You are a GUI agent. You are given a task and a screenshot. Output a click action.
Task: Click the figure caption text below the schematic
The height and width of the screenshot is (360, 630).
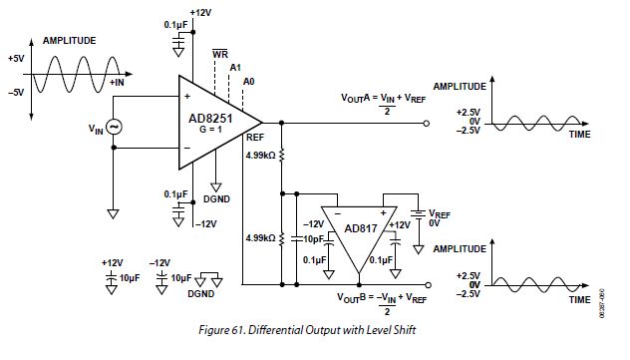(315, 326)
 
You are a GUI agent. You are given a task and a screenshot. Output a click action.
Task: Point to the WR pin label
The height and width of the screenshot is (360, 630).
(220, 53)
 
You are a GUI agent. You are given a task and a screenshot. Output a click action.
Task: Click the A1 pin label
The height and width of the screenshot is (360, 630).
(235, 66)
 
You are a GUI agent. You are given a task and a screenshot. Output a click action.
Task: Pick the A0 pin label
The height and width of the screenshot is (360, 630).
(249, 79)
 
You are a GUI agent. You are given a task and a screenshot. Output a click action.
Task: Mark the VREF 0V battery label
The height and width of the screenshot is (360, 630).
(439, 218)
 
